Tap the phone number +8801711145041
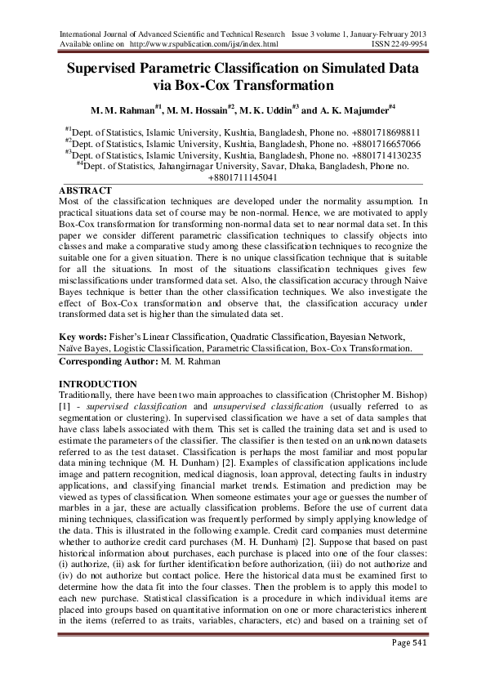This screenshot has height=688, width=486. pyautogui.click(x=243, y=178)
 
